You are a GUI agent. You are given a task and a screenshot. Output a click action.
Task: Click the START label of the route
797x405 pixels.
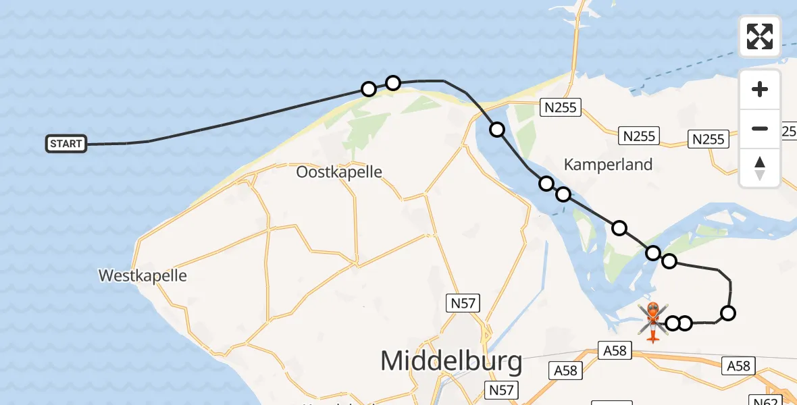pyautogui.click(x=66, y=144)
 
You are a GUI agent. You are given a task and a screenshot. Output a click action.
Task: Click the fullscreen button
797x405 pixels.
pyautogui.click(x=760, y=36)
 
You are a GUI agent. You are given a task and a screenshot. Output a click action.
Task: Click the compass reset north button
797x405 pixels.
pyautogui.click(x=760, y=168)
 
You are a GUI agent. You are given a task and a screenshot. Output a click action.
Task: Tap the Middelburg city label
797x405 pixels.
pyautogui.click(x=451, y=361)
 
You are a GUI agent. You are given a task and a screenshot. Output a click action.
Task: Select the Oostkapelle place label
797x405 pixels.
pyautogui.click(x=339, y=172)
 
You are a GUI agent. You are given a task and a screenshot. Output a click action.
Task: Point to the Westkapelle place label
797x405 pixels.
pyautogui.click(x=143, y=275)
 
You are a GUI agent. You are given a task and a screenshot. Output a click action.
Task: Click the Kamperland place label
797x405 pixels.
pyautogui.click(x=608, y=164)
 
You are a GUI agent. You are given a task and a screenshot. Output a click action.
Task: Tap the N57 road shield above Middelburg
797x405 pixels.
pyautogui.click(x=463, y=303)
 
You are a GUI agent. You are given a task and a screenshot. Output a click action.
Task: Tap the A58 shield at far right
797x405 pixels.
pyautogui.click(x=739, y=365)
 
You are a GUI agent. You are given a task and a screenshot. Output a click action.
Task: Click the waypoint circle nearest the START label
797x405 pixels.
pyautogui.click(x=369, y=89)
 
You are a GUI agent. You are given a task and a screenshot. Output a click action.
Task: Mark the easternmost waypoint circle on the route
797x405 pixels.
pyautogui.click(x=728, y=313)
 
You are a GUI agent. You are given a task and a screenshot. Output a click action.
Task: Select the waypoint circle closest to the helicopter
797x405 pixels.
pyautogui.click(x=673, y=323)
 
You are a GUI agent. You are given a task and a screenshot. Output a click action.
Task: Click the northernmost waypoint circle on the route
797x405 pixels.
pyautogui.click(x=393, y=83)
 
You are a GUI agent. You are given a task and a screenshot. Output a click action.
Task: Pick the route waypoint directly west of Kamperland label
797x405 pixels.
pyautogui.click(x=546, y=183)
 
